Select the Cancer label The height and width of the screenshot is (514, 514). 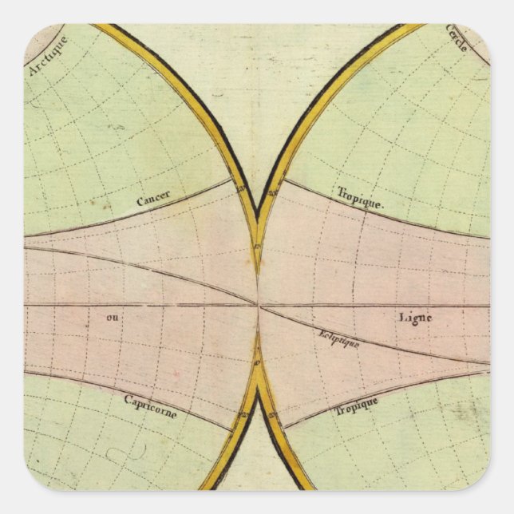(152, 201)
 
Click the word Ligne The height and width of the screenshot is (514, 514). (414, 317)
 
